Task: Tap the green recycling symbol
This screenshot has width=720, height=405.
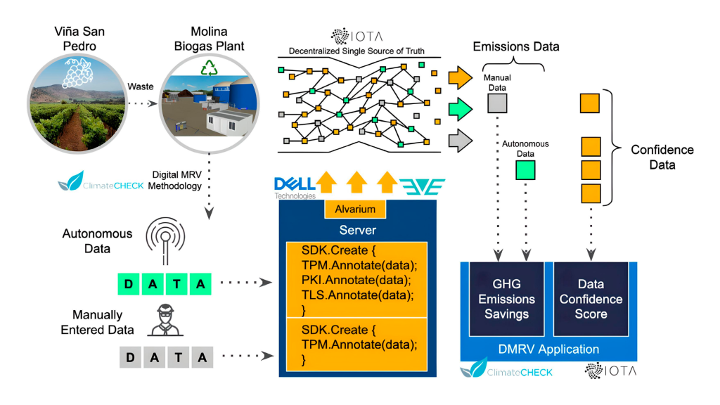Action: tap(210, 68)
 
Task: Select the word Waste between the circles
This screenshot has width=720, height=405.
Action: tap(141, 86)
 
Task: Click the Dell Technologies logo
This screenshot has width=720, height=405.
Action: tap(294, 187)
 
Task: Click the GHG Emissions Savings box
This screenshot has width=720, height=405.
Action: tap(506, 299)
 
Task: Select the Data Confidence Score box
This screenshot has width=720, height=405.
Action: tap(591, 299)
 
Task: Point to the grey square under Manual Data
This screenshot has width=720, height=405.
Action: tap(497, 104)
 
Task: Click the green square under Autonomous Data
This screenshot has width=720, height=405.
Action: tap(525, 170)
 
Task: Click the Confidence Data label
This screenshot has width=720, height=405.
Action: tap(662, 157)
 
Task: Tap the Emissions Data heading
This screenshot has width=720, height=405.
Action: tap(516, 47)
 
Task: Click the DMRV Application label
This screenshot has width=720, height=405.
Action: tap(548, 349)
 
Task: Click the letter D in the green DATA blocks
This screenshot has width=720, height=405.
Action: tap(128, 285)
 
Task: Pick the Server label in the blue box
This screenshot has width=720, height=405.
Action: tap(359, 230)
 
